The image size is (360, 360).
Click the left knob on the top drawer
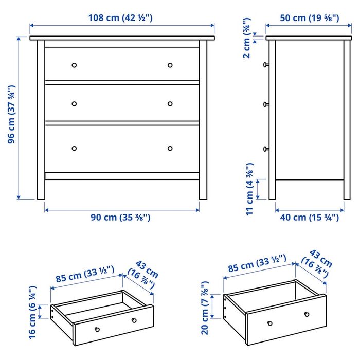[74, 65]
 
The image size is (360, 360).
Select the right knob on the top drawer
[170, 65]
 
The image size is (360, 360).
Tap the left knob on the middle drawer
[74, 103]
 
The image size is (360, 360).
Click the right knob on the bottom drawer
[170, 149]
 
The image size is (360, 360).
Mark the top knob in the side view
[266, 65]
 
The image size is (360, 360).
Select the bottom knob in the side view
[266, 149]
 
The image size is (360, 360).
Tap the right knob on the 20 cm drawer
[307, 314]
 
